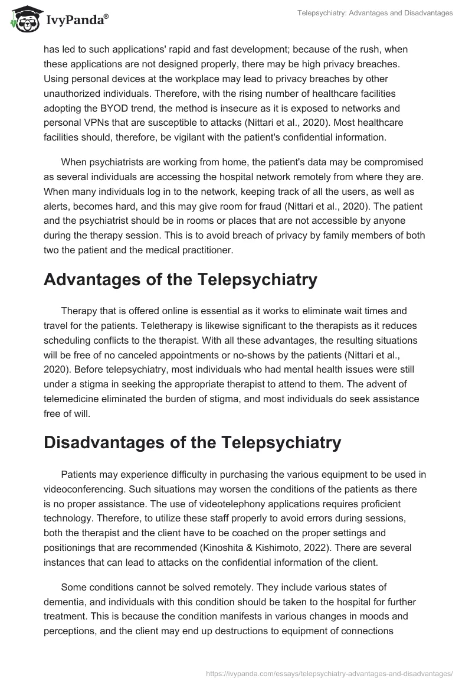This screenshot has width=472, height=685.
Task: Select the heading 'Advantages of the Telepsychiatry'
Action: pos(180,280)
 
